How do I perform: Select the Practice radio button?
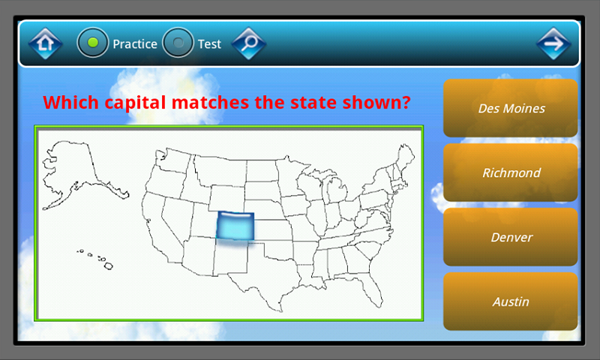point(93,43)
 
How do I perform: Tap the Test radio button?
point(178,43)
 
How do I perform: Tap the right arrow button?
point(553,43)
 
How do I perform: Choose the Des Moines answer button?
point(511,108)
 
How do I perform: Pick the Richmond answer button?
point(511,172)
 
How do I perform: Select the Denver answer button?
point(511,237)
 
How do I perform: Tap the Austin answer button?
point(511,301)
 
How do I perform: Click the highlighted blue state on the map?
point(235,226)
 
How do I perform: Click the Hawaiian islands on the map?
point(97,259)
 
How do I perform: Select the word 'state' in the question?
point(296,102)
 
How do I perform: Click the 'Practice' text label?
point(135,43)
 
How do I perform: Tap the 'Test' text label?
point(209,43)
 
